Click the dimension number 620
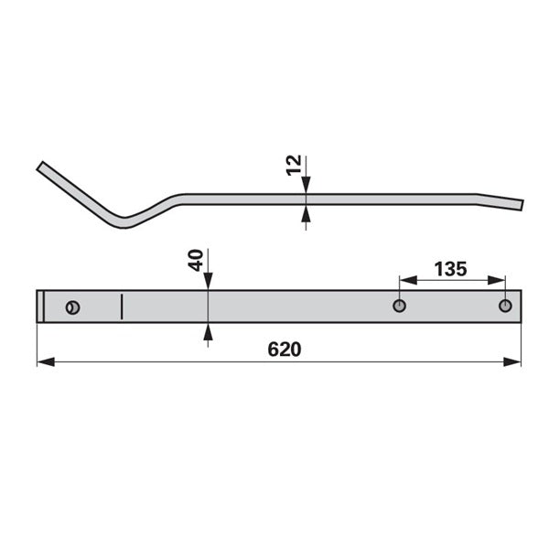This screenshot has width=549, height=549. pos(284,350)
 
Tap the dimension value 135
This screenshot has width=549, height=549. pos(450,269)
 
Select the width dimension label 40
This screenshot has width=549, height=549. pos(196,260)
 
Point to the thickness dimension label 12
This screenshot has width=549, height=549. pos(294,165)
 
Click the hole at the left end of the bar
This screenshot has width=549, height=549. pos(73,307)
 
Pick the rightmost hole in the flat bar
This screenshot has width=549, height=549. pos(505,306)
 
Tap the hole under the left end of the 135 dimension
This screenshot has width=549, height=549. pos(400,306)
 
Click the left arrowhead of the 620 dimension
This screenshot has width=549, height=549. pos(46,362)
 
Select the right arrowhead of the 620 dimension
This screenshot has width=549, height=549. pos(511,362)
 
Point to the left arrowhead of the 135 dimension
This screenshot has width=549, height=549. pos(408,280)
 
